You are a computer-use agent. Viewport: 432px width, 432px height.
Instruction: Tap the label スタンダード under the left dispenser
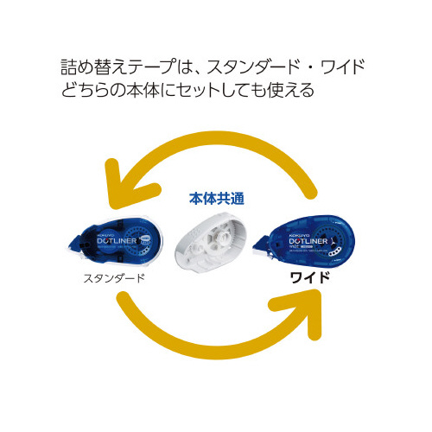click(113, 279)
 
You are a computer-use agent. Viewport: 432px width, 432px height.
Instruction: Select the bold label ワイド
click(314, 279)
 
